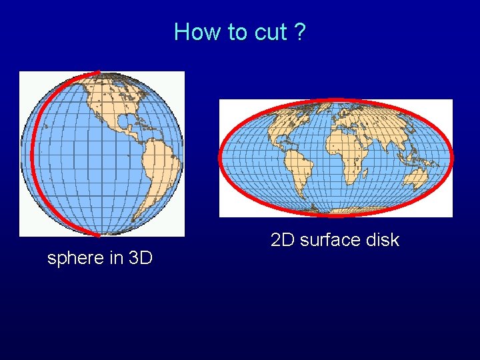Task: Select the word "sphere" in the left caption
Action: [x=75, y=258]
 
